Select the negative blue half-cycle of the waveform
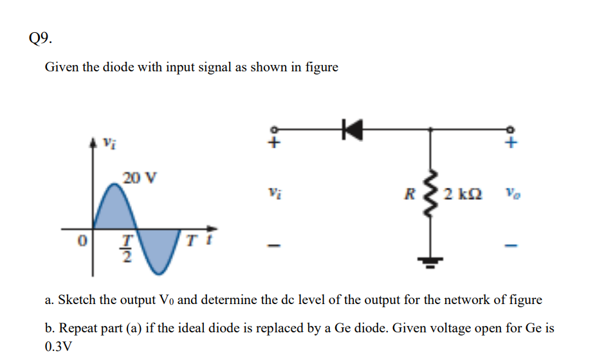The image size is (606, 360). [x=157, y=248]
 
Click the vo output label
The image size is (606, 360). [x=511, y=192]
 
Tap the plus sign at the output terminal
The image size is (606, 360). [x=511, y=145]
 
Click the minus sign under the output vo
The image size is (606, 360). [x=511, y=246]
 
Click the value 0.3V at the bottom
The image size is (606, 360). [x=59, y=346]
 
